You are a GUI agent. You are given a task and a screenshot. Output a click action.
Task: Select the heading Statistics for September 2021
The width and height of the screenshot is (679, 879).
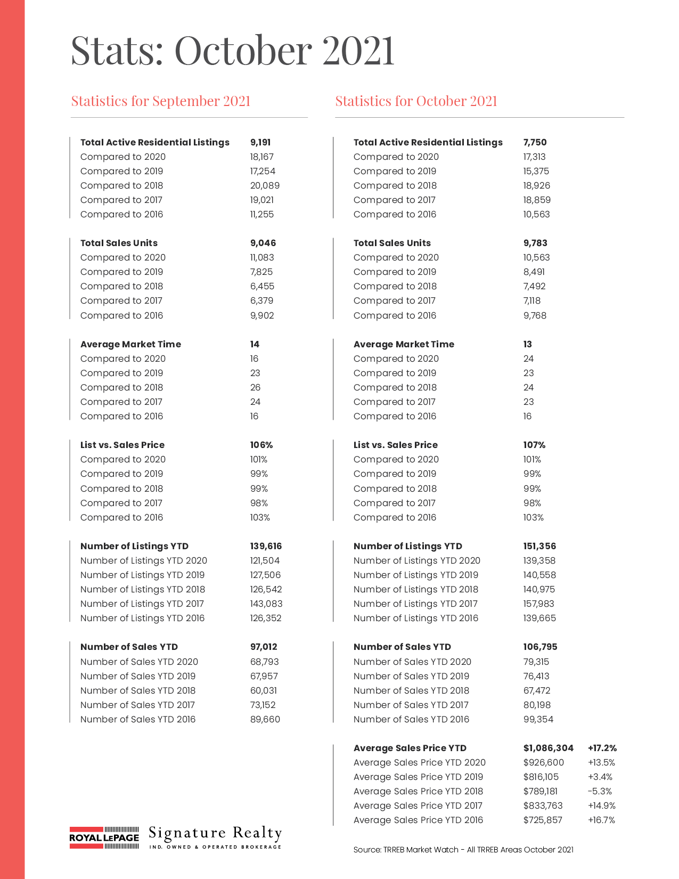(161, 101)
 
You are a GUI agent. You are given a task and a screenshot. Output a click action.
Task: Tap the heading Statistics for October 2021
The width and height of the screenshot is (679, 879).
(416, 101)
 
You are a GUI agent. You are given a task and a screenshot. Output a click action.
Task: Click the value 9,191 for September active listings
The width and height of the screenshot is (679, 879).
(260, 142)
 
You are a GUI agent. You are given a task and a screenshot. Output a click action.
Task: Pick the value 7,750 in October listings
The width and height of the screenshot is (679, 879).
(535, 142)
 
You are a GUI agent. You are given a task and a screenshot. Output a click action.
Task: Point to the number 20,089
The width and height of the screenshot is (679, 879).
(265, 185)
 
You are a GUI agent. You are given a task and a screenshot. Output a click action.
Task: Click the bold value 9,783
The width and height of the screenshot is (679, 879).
(535, 243)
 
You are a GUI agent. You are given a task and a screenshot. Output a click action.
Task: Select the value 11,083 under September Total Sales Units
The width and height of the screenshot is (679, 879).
(262, 257)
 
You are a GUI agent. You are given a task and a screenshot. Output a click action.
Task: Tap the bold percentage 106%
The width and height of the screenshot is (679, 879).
(261, 445)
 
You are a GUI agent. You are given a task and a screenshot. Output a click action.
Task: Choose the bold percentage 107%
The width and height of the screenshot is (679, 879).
(534, 445)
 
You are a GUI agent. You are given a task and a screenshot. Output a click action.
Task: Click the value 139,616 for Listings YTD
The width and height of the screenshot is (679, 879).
(266, 546)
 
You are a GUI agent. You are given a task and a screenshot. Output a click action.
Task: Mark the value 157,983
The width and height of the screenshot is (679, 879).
(538, 604)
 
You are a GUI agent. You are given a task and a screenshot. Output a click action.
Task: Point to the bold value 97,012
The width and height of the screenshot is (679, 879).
(264, 647)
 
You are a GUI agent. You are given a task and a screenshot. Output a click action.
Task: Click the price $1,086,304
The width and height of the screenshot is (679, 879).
(548, 748)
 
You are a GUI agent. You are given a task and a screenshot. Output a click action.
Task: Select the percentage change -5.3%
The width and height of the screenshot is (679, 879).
(600, 791)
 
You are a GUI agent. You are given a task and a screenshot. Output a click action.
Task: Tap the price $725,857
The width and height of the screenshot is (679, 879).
(543, 820)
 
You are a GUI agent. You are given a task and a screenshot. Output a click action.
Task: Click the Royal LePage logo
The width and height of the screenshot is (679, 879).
(104, 837)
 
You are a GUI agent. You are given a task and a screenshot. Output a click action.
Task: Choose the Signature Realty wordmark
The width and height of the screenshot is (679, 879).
(215, 837)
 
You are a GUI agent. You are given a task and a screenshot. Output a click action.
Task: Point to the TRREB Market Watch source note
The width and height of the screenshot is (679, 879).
(463, 850)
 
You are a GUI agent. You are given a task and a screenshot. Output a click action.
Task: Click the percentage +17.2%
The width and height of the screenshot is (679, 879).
(602, 748)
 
